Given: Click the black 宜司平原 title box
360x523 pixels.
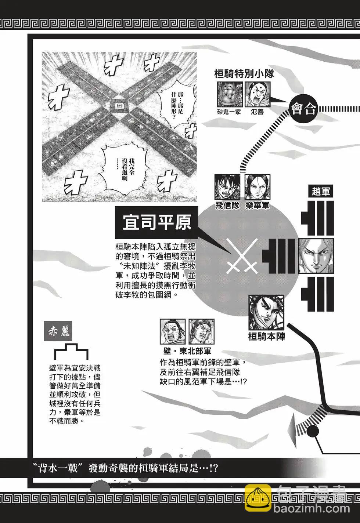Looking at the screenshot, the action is pyautogui.click(x=156, y=222).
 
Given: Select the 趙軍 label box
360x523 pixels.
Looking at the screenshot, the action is pyautogui.click(x=321, y=192).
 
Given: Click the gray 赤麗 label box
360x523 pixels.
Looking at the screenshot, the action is pyautogui.click(x=58, y=332).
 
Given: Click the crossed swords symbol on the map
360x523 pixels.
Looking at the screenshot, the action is pyautogui.click(x=242, y=256).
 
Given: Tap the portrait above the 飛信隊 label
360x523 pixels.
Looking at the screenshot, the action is pyautogui.click(x=227, y=187).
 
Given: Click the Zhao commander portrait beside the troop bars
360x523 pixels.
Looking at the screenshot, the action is pyautogui.click(x=317, y=256).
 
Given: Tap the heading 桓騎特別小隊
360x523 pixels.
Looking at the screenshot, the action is pyautogui.click(x=244, y=75).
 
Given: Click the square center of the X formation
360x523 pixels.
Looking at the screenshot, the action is pyautogui.click(x=119, y=105).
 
